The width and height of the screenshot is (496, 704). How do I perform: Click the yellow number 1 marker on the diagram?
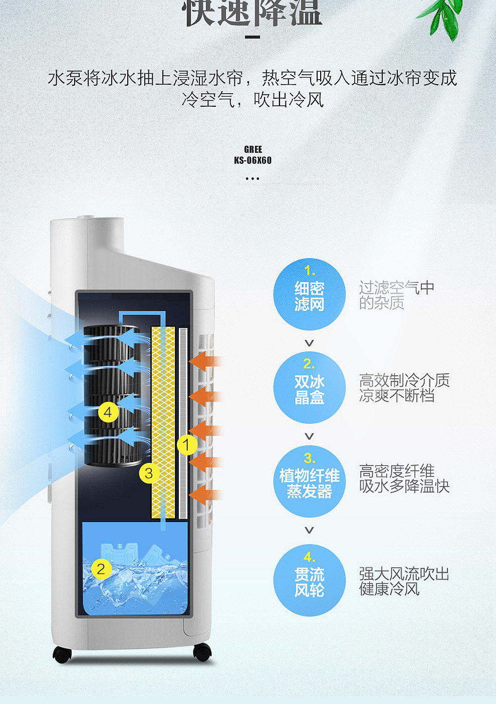(186, 444)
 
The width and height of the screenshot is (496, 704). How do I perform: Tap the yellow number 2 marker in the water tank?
(101, 569)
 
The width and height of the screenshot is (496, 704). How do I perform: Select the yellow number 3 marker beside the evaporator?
(148, 473)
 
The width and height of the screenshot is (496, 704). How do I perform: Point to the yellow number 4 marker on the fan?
(108, 412)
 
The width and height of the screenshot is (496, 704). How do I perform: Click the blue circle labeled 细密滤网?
(309, 294)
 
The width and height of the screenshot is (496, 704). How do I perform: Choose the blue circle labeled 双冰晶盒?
(309, 387)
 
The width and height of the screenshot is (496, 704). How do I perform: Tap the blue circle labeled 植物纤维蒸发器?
(309, 482)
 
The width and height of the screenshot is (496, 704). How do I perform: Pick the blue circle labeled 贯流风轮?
(309, 580)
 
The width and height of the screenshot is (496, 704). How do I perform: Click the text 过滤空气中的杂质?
(396, 295)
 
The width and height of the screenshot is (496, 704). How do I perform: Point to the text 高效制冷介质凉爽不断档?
(404, 388)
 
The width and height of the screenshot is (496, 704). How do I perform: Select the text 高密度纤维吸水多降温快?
(404, 479)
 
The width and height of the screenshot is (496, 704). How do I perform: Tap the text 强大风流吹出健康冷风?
(404, 581)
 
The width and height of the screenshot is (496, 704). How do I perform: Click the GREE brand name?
(253, 149)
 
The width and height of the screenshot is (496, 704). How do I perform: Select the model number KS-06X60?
(253, 160)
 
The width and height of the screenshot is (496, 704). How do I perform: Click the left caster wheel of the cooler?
(62, 654)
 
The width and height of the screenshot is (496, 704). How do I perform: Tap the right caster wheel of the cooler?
(202, 652)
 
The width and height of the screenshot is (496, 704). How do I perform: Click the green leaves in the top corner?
(443, 18)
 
